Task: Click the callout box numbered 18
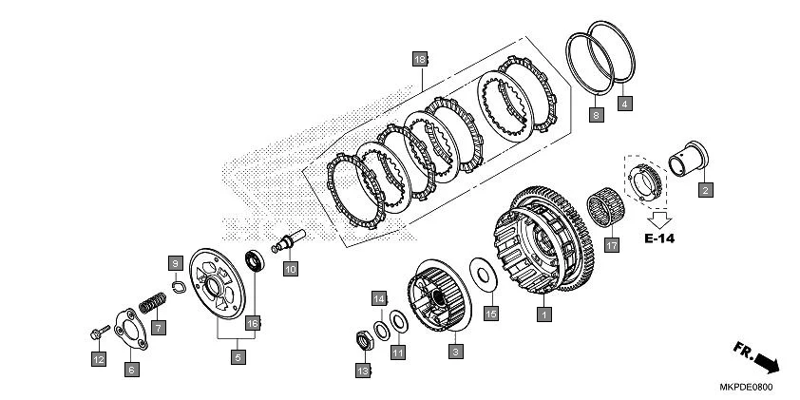419,60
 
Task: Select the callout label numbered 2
706,190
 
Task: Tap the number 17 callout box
612,245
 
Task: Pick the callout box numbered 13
363,371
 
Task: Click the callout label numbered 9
176,264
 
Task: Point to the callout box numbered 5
238,357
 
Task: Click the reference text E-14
659,238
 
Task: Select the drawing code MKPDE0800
746,388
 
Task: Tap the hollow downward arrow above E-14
659,219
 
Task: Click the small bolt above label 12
100,333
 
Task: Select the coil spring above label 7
153,303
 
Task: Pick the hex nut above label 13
364,340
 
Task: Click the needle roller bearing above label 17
605,206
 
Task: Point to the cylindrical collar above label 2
687,159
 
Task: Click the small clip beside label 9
179,287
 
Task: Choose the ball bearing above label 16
255,260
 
